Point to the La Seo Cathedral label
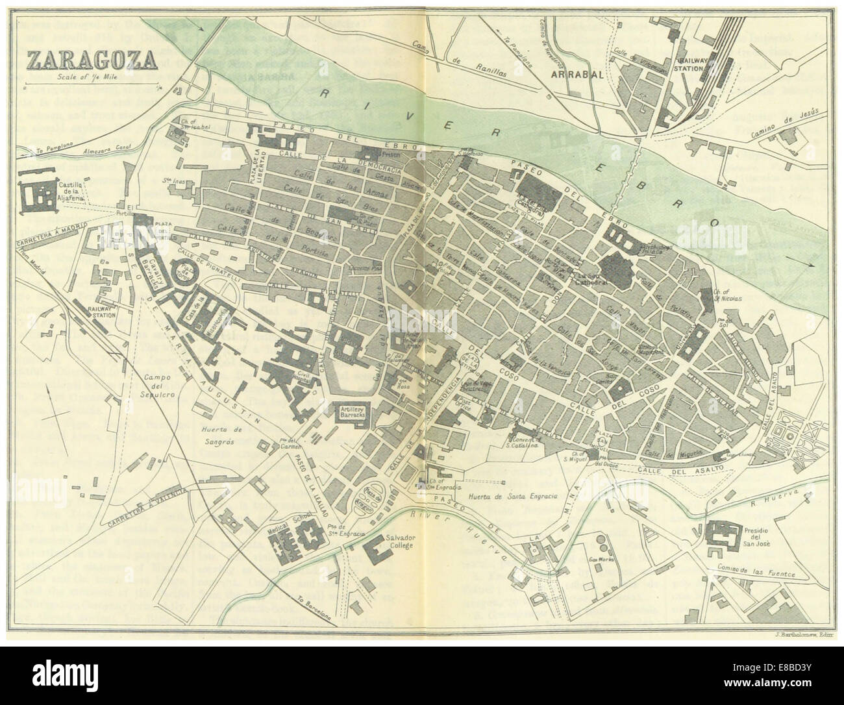click(590, 280)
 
